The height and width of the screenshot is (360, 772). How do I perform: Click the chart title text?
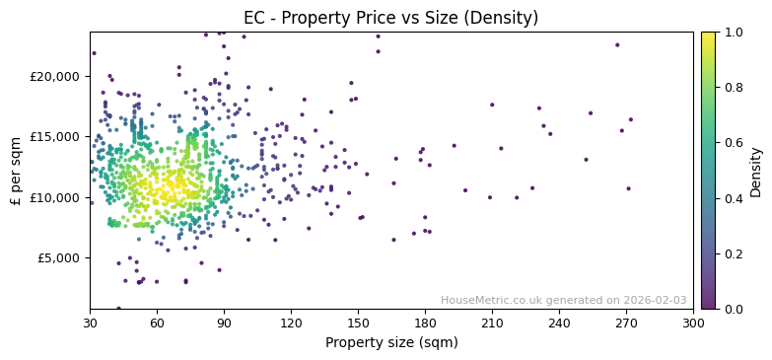tap(390, 18)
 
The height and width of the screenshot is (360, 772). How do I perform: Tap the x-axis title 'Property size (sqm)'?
tap(391, 343)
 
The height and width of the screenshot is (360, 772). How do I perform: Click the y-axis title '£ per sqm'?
tap(16, 170)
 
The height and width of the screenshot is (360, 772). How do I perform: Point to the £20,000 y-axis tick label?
tap(55, 76)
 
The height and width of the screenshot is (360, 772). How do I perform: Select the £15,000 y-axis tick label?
tap(55, 137)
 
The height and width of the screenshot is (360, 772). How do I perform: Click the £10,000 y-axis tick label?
tap(55, 197)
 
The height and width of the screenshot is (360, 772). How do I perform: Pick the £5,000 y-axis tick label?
tap(59, 258)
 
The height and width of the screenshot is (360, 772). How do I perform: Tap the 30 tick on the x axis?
tap(90, 323)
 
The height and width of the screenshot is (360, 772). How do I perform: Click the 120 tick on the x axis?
tap(291, 323)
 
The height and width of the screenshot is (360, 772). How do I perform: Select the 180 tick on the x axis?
tap(425, 323)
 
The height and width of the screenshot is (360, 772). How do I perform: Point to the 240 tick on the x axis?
tap(559, 323)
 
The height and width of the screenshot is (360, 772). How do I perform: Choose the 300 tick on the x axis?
tap(693, 323)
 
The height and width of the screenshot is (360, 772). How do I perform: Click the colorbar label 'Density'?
tap(756, 170)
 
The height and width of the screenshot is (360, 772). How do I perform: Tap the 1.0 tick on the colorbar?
tap(734, 33)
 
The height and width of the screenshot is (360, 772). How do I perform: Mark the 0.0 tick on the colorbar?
tap(734, 309)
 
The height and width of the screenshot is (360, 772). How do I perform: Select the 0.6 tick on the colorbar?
tap(734, 143)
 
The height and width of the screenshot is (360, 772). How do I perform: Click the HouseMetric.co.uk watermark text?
tap(563, 301)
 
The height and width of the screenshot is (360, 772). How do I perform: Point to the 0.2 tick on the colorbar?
tap(734, 253)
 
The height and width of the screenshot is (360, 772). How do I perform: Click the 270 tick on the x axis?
tap(626, 323)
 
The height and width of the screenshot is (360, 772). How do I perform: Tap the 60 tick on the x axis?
tap(157, 323)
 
